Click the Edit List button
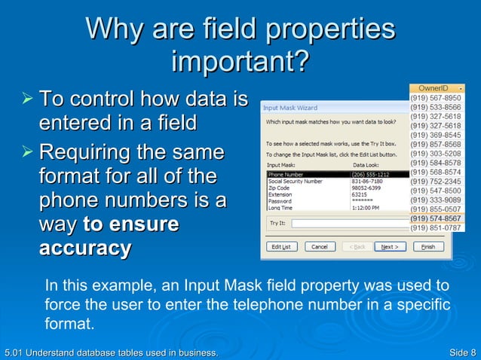[x=281, y=246]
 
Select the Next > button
[x=389, y=246]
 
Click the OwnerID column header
[x=434, y=88]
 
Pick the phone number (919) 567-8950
[x=435, y=98]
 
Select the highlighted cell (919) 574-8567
[x=435, y=218]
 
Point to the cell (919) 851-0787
[x=435, y=227]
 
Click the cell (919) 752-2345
[x=435, y=182]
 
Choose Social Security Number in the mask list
[x=295, y=182]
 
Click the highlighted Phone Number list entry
[x=290, y=175]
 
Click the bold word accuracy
[x=84, y=248]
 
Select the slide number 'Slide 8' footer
[x=461, y=352]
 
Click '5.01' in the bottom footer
[x=14, y=352]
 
